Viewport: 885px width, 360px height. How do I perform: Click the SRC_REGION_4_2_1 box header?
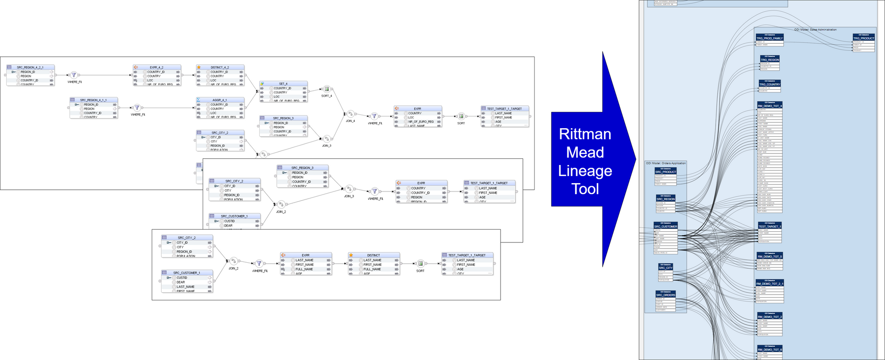[30, 67]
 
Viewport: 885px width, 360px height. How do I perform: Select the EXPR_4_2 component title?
[156, 67]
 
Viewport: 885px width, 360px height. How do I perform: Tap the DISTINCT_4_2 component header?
[219, 67]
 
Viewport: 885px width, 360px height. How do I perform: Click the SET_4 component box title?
[283, 84]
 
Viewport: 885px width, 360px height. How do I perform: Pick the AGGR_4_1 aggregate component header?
[219, 100]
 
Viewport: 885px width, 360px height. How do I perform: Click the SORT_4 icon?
[327, 89]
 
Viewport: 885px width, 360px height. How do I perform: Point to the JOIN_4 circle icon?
[350, 114]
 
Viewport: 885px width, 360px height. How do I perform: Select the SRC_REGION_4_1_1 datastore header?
[93, 100]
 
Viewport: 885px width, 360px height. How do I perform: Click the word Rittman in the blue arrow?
[585, 134]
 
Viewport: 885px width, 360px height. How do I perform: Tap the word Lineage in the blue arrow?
[585, 171]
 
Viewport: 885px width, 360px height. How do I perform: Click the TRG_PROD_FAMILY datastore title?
[770, 38]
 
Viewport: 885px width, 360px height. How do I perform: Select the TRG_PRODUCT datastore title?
[864, 38]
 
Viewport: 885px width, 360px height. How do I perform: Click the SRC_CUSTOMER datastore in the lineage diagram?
[666, 226]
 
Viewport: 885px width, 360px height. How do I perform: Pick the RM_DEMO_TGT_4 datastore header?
[770, 106]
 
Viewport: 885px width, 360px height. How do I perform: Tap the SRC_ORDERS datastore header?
[666, 295]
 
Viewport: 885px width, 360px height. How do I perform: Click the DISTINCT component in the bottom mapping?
[373, 255]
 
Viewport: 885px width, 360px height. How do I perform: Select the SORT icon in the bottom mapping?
[420, 264]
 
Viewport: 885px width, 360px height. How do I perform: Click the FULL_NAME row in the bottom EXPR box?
[304, 269]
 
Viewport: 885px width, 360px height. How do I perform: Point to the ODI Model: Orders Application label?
[666, 163]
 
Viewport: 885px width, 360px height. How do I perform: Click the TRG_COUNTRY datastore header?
[770, 84]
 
